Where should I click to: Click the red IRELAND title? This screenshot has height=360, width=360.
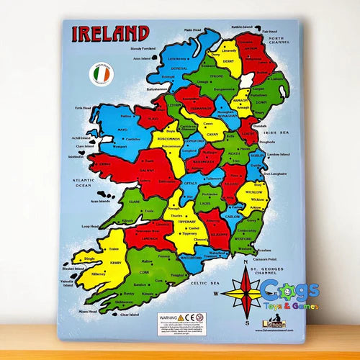click(x=109, y=33)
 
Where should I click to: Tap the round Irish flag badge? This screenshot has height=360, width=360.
click(x=100, y=74)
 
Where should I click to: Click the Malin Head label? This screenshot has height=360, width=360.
click(x=195, y=30)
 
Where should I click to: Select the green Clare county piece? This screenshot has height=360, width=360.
click(x=136, y=204)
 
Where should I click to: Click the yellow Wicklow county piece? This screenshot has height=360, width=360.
click(x=256, y=193)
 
